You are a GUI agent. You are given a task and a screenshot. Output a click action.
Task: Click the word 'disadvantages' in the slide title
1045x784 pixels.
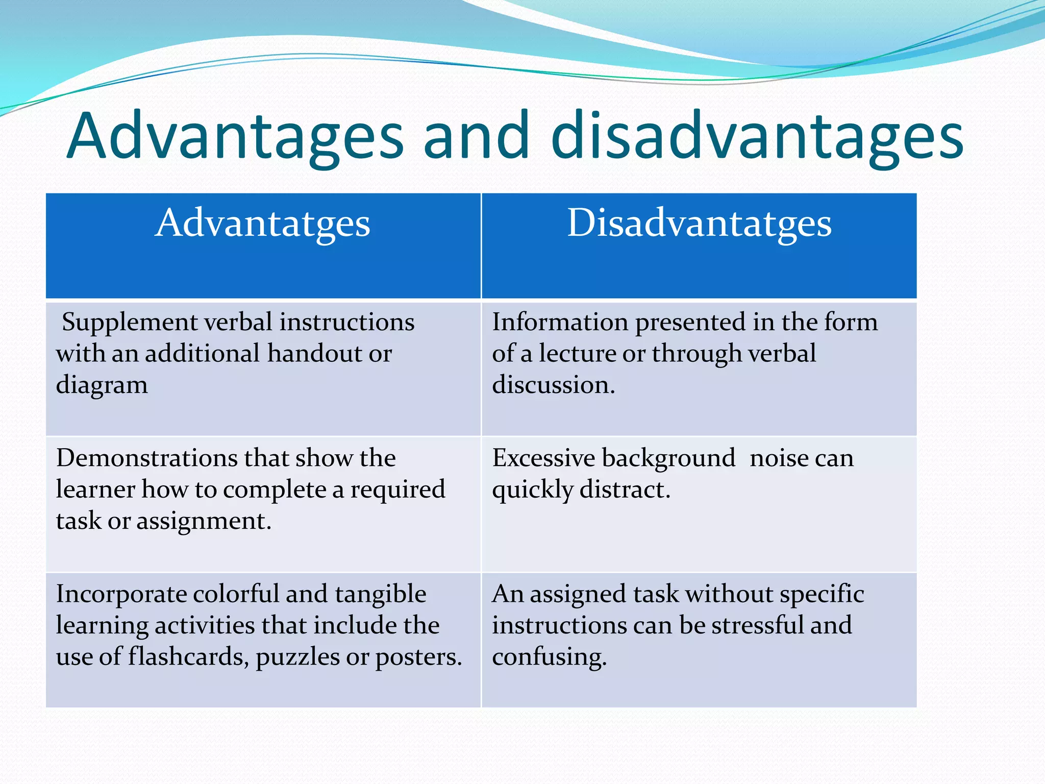click(757, 137)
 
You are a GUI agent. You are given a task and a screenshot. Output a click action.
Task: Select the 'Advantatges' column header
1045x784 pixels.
click(263, 224)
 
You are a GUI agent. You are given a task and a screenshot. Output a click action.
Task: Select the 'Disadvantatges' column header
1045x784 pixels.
click(699, 224)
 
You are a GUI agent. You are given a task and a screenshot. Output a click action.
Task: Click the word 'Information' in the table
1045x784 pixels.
click(560, 322)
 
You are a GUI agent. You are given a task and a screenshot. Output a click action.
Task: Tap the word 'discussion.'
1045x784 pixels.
click(553, 385)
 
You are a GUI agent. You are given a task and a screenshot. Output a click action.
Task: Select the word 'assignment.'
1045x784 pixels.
click(204, 521)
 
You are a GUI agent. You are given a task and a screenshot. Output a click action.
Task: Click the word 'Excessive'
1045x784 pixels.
click(543, 458)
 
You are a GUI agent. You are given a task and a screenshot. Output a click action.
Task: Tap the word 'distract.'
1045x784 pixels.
click(625, 489)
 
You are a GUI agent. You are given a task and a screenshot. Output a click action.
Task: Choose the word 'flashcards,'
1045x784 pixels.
click(188, 657)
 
